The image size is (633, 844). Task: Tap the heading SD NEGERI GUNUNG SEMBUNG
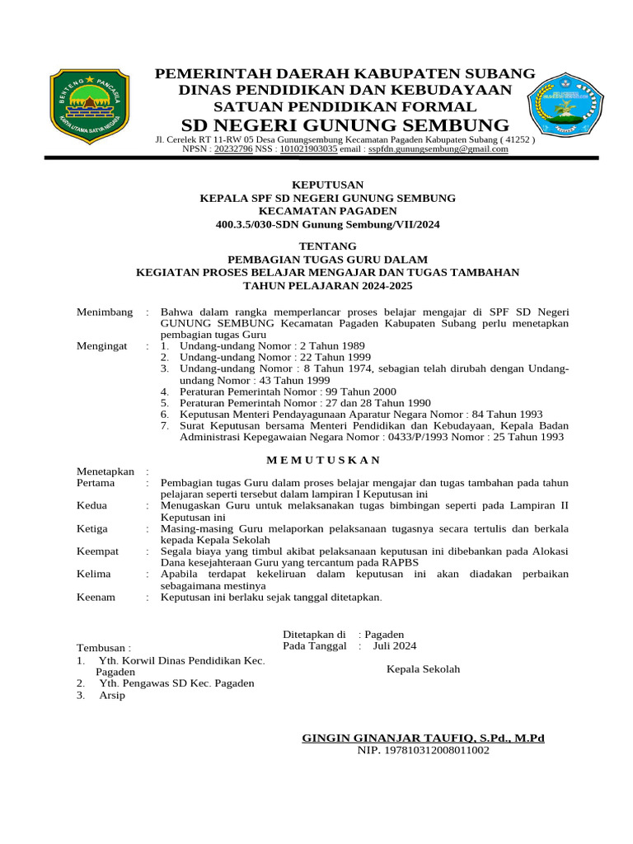click(x=345, y=125)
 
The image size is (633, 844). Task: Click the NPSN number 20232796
click(x=233, y=149)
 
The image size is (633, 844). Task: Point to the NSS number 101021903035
click(x=308, y=149)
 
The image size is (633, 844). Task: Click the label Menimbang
click(x=105, y=312)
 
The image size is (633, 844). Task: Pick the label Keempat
click(x=98, y=551)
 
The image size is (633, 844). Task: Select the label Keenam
click(x=96, y=597)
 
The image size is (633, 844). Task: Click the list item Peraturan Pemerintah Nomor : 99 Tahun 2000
click(x=288, y=392)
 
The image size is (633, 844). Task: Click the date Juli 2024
click(x=395, y=646)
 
